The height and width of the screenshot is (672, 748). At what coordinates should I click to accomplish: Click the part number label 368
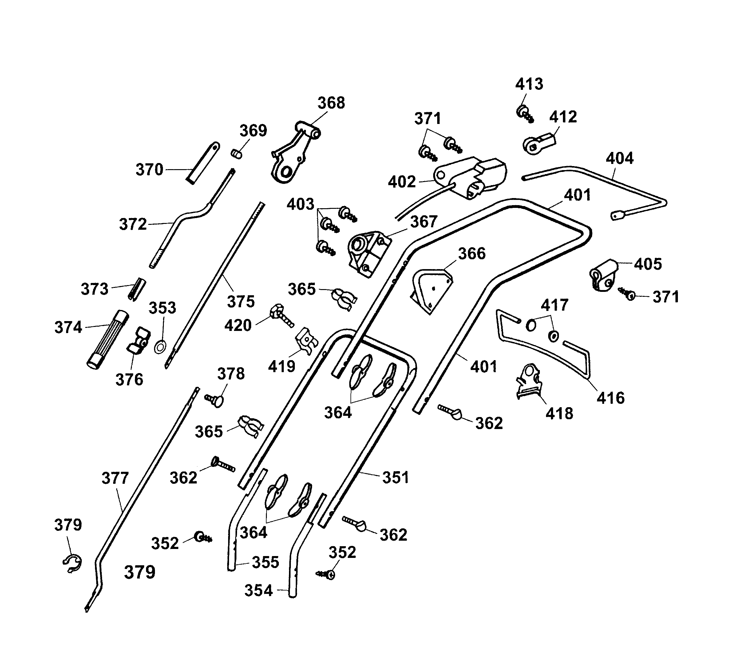click(331, 103)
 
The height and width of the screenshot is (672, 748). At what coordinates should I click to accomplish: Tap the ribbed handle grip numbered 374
click(107, 339)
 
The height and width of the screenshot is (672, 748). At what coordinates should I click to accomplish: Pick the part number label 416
click(610, 398)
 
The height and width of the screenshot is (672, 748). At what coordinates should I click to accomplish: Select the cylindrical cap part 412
click(538, 144)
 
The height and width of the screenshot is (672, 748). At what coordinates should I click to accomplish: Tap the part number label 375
click(241, 302)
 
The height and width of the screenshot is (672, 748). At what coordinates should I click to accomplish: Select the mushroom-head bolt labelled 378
click(215, 400)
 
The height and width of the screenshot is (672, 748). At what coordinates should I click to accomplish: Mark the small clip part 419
click(306, 340)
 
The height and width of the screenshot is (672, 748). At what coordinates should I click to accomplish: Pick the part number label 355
click(265, 562)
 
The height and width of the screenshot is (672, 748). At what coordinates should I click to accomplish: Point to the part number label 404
click(619, 158)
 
